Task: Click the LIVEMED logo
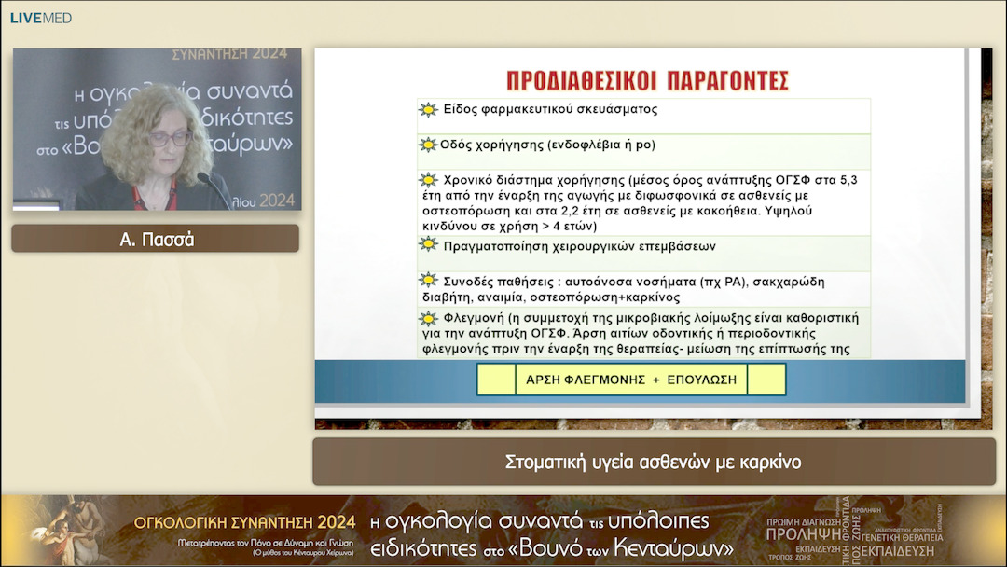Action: (x=41, y=18)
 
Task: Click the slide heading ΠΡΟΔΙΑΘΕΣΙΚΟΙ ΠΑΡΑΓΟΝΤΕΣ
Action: (x=647, y=79)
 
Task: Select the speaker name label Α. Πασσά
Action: (x=156, y=239)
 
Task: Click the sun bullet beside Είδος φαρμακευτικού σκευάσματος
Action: (x=428, y=109)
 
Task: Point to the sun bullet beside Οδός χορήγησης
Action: (x=428, y=145)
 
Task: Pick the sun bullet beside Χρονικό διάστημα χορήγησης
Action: (x=428, y=180)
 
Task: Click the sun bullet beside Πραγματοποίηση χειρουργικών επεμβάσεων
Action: (x=428, y=244)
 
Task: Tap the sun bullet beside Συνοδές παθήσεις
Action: (x=428, y=281)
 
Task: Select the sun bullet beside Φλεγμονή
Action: (x=428, y=319)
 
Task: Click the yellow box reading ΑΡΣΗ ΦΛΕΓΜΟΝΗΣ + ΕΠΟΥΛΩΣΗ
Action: (x=631, y=380)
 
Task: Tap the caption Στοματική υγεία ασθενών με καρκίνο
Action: (x=653, y=462)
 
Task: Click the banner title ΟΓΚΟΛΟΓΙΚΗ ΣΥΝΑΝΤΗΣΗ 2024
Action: (x=245, y=521)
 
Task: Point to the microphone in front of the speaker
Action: (x=214, y=187)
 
